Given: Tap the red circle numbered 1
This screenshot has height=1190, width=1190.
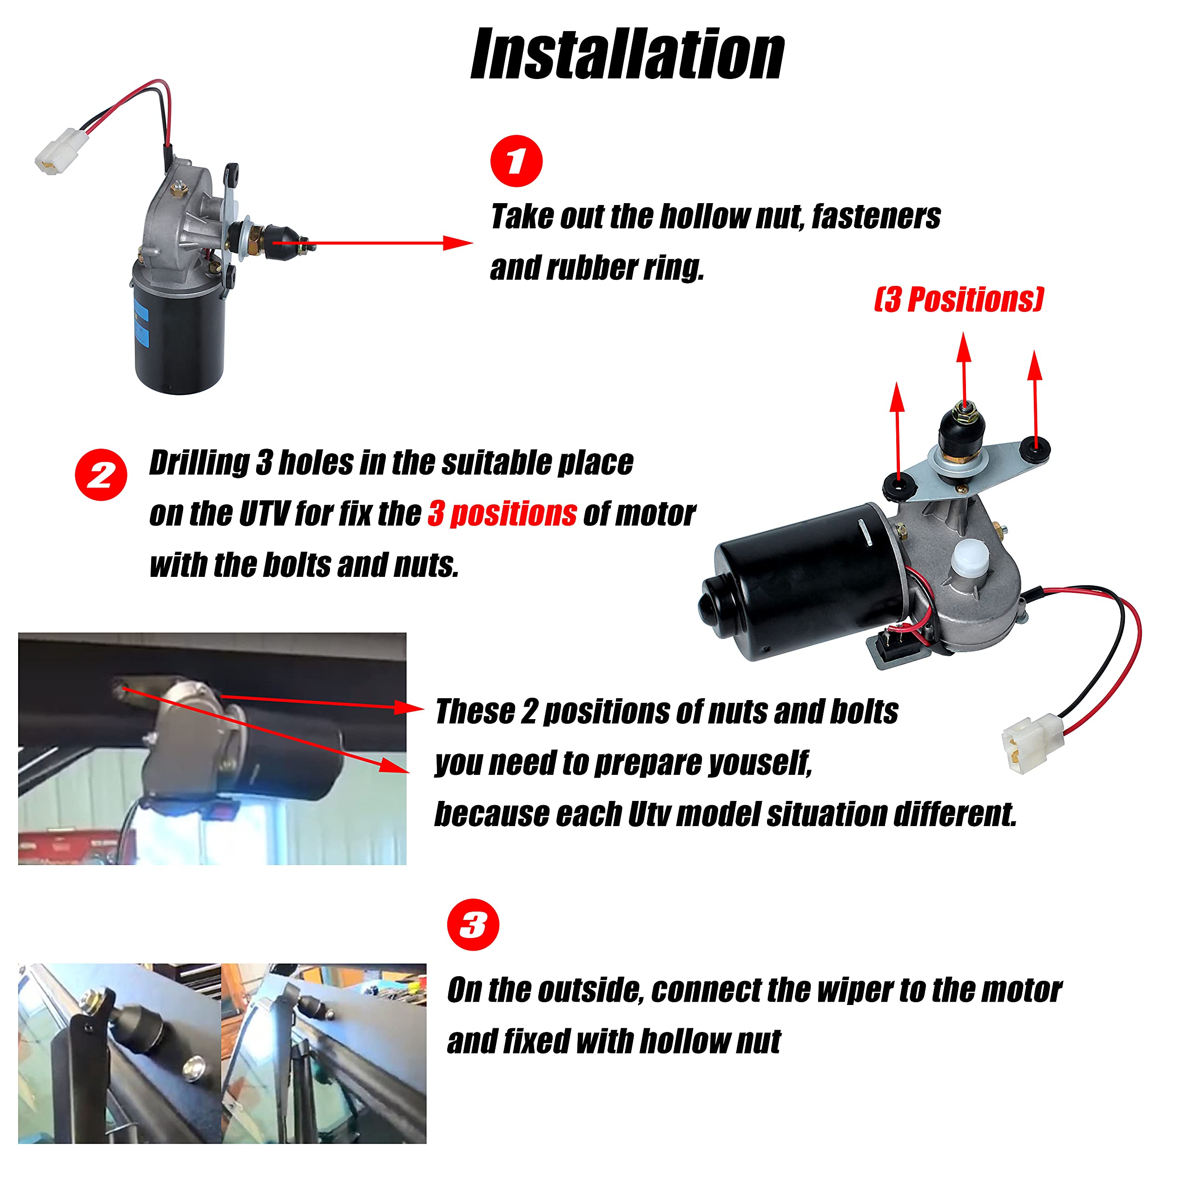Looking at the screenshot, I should [x=516, y=161].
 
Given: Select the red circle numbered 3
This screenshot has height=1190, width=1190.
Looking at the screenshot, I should [x=473, y=925].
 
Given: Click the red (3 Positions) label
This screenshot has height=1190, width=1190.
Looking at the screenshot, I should [x=959, y=299].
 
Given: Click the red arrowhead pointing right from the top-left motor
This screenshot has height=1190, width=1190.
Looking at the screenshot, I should [x=459, y=243].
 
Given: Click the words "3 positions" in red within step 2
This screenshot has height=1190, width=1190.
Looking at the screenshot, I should [x=502, y=513].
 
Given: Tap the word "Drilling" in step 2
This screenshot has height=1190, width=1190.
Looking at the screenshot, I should [x=199, y=463].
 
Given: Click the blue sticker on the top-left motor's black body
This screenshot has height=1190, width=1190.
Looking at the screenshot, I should [x=142, y=324].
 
